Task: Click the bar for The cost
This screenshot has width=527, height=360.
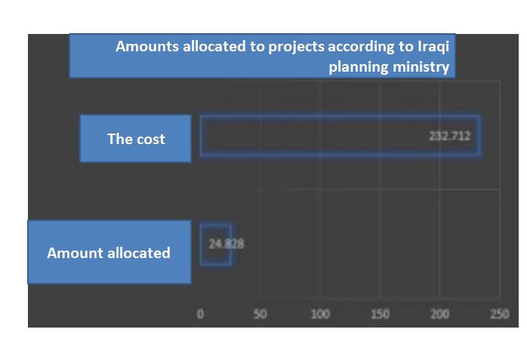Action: click(x=340, y=136)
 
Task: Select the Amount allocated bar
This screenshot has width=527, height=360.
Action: click(x=215, y=244)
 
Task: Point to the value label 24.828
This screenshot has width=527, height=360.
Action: click(x=226, y=244)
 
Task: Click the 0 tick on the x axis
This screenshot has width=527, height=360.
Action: click(x=200, y=314)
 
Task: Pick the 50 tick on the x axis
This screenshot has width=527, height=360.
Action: click(x=260, y=314)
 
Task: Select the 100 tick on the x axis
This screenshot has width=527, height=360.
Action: click(x=320, y=314)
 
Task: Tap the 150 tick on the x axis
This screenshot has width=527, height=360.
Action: click(x=380, y=314)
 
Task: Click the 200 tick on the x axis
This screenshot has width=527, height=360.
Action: click(x=440, y=314)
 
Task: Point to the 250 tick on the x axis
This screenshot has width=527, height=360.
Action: click(x=499, y=314)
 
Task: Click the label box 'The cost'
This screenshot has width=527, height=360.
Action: click(x=136, y=139)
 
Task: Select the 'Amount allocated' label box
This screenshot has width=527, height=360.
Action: click(x=109, y=253)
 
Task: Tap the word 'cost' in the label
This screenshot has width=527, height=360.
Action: click(x=149, y=139)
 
